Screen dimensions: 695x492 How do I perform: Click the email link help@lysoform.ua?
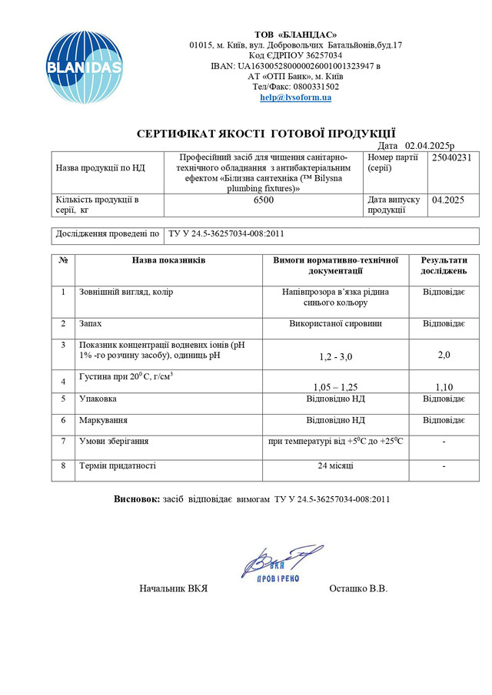(295, 98)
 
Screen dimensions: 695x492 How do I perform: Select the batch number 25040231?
(451, 157)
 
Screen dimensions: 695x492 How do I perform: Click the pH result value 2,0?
(444, 356)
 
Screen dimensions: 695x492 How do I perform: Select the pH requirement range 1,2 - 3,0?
(335, 356)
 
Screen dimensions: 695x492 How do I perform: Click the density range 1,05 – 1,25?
(335, 386)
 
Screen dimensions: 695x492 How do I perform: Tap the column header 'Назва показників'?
(168, 260)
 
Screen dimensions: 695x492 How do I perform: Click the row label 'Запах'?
(91, 323)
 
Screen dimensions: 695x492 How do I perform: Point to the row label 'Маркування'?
(104, 420)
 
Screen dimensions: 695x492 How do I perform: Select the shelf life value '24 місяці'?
(335, 465)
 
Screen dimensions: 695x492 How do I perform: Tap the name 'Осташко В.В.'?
(358, 589)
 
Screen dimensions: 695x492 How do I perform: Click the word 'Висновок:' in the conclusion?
(137, 499)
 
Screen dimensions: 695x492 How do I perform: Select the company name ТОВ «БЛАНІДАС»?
(295, 34)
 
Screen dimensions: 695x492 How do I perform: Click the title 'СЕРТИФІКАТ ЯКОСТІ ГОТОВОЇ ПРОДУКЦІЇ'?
(267, 133)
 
